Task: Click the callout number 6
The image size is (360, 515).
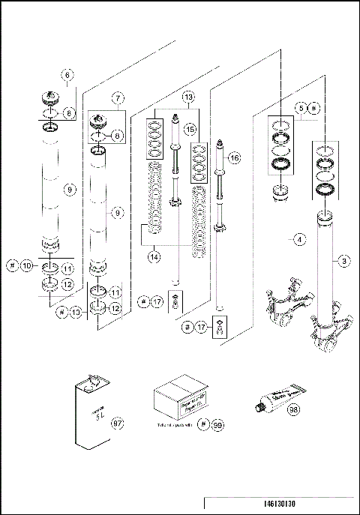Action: coord(67,75)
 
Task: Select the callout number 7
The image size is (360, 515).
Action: coord(118,97)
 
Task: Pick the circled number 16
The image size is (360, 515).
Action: coord(235,158)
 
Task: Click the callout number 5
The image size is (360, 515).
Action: coord(301,109)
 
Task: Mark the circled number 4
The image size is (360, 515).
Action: coord(298,240)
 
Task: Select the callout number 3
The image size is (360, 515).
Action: coord(343,261)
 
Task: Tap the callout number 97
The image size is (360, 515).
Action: coord(116,424)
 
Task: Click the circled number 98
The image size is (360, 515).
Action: coord(293,410)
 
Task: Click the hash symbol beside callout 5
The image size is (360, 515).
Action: coord(315,109)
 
